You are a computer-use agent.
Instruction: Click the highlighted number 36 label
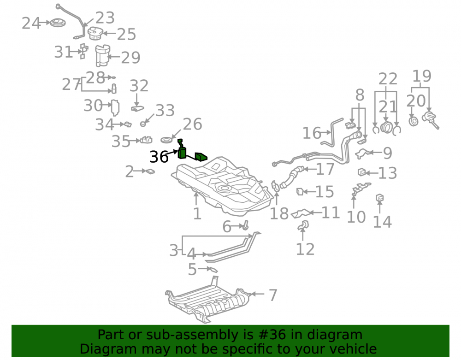(x=159, y=157)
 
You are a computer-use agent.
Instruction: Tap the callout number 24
(x=31, y=23)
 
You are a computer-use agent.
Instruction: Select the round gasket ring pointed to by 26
(x=167, y=140)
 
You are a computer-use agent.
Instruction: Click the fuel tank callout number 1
(x=197, y=213)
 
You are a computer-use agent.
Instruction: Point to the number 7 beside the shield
(x=273, y=295)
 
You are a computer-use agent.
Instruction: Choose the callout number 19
(x=422, y=76)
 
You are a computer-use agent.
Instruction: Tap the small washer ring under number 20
(x=414, y=121)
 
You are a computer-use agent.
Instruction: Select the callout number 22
(x=388, y=79)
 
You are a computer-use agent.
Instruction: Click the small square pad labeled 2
(x=150, y=171)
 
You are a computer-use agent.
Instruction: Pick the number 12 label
(x=305, y=249)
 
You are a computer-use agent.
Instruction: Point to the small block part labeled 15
(x=300, y=192)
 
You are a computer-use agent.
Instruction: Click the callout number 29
(x=130, y=58)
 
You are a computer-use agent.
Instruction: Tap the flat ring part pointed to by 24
(x=58, y=22)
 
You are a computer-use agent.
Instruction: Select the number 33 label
(x=165, y=111)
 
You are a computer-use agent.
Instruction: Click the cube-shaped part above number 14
(x=379, y=198)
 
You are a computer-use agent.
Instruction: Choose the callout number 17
(x=325, y=169)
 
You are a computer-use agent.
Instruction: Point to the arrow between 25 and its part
(x=109, y=34)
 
